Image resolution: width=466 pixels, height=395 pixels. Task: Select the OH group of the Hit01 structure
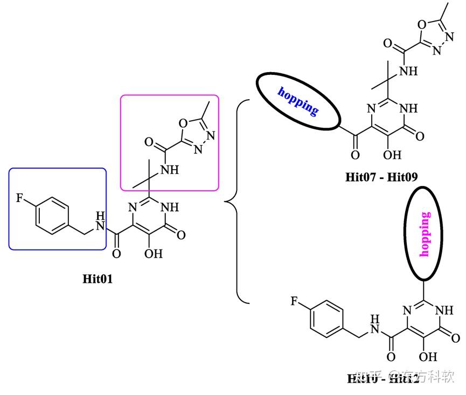(154, 253)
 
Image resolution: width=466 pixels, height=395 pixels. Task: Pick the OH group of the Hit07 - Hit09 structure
(394, 155)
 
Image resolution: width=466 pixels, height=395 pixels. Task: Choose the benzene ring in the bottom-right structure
(326, 320)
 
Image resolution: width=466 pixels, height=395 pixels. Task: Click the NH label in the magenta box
(169, 170)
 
